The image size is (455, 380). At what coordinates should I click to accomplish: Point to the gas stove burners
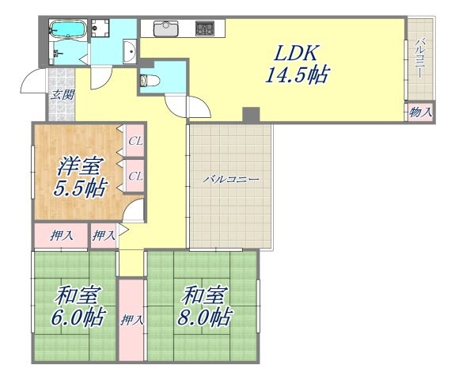click(205, 28)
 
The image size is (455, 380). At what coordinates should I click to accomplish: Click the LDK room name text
click(296, 53)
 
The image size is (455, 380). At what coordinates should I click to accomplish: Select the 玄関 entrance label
click(60, 95)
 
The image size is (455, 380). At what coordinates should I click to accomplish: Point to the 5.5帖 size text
click(79, 190)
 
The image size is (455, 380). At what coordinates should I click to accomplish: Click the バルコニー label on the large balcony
click(230, 180)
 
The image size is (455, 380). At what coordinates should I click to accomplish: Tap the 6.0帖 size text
click(79, 317)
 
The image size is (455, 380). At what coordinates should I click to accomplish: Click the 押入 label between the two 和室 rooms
click(131, 321)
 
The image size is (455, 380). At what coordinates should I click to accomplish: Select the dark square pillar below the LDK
click(251, 115)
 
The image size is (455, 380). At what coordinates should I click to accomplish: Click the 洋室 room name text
click(79, 168)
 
